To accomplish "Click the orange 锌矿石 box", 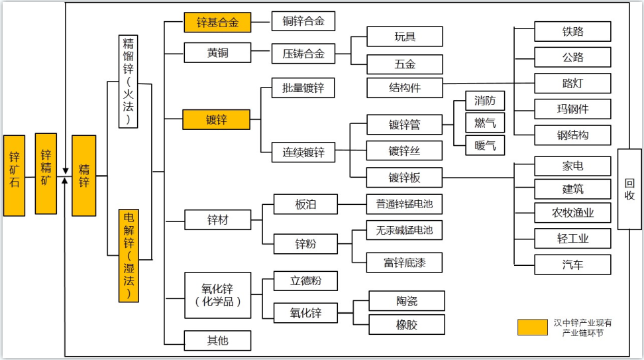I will point(14,176).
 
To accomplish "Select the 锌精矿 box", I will point(46,173).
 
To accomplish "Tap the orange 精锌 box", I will point(83,176).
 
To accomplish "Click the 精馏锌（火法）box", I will point(129,81).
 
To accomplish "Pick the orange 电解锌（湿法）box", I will point(129,255).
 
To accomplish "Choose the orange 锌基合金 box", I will point(218,22).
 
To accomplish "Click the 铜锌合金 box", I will point(303,21).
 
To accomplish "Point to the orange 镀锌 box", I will point(217,120).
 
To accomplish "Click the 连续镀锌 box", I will point(303,152).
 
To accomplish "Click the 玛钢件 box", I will point(572,109).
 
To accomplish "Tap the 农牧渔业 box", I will point(572,212).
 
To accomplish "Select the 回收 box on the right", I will point(629,189).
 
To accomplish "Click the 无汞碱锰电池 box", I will point(405,230).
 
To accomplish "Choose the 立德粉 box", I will point(305,280).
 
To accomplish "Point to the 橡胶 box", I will point(407,324).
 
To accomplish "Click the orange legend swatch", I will point(533,327).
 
